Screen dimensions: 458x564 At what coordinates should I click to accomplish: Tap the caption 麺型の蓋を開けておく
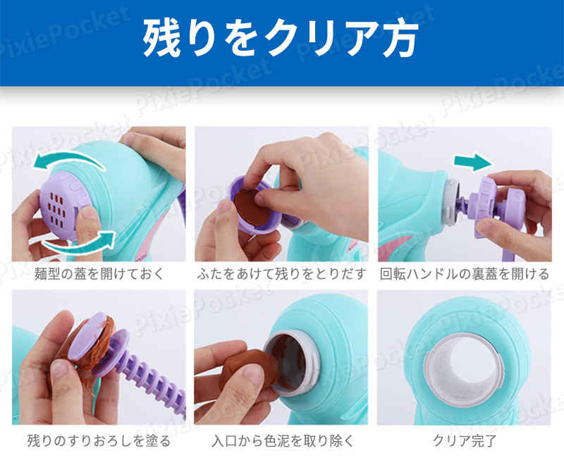99,274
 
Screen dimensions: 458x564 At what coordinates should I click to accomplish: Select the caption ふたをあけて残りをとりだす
281,274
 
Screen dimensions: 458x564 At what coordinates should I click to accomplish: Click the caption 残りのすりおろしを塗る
99,442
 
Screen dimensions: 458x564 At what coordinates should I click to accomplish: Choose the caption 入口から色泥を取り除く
281,442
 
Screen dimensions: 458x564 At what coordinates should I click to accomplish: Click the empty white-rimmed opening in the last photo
465,359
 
